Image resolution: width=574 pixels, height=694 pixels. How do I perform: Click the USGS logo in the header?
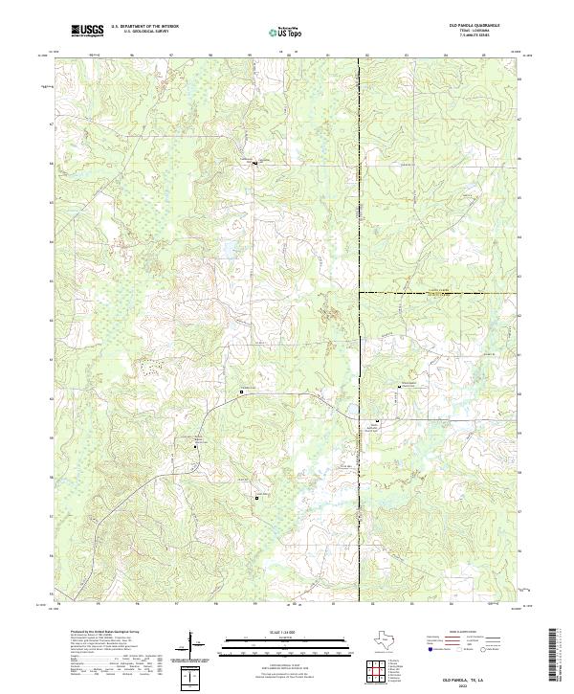pos(87,31)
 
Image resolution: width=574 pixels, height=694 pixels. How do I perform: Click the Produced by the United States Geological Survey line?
pos(96,633)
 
